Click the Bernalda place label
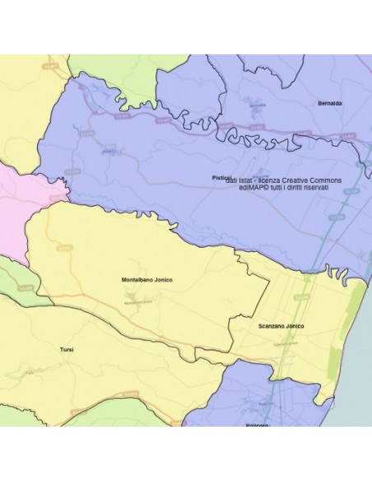tap(329, 103)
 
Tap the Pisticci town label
tap(220, 177)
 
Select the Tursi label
tap(67, 350)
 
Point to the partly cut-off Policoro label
tap(258, 423)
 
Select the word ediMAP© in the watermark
tap(251, 188)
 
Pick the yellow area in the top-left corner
tap(21, 99)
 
